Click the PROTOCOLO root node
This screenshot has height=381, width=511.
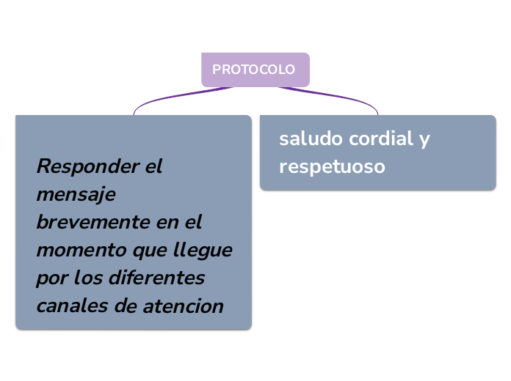pos(254,70)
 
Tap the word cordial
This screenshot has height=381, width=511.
pos(380,138)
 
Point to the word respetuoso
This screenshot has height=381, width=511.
pos(332,166)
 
